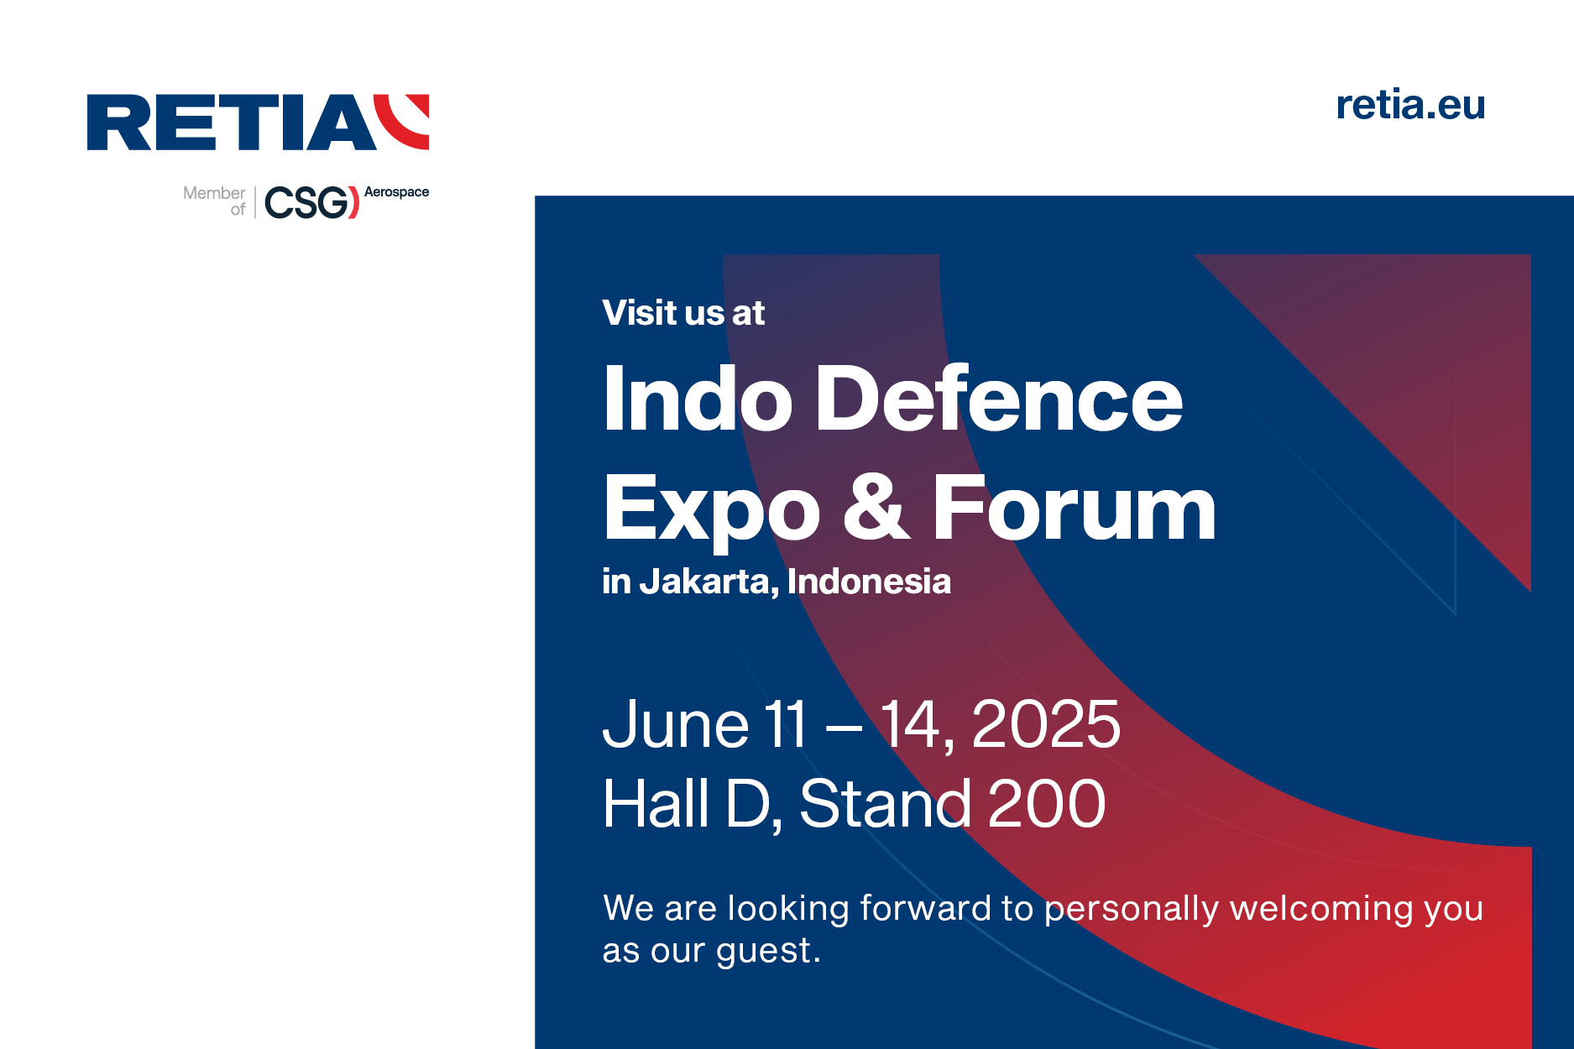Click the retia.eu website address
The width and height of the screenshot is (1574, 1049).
pyautogui.click(x=1410, y=105)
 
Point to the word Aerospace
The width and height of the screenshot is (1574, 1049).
pyautogui.click(x=396, y=192)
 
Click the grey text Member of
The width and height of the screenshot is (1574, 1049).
pyautogui.click(x=214, y=201)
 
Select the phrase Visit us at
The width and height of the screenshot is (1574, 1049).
pyautogui.click(x=683, y=313)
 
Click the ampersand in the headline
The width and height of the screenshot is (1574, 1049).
pyautogui.click(x=876, y=507)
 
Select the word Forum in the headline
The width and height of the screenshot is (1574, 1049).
pyautogui.click(x=1074, y=507)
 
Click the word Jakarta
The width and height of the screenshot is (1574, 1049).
pyautogui.click(x=709, y=582)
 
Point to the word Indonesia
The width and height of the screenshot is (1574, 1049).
pyautogui.click(x=869, y=582)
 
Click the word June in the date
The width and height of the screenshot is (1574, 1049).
pyautogui.click(x=676, y=724)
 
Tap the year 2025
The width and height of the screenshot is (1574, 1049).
pyautogui.click(x=1045, y=724)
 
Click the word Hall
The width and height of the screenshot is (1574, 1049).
pyautogui.click(x=656, y=803)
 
